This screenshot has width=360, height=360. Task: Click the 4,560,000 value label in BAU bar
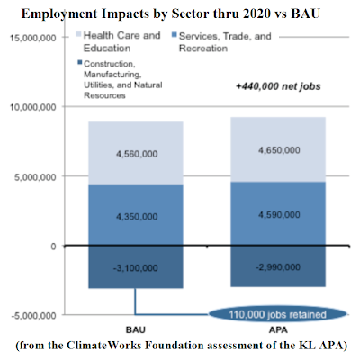pyautogui.click(x=137, y=154)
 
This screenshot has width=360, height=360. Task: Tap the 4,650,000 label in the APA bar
pyautogui.click(x=279, y=150)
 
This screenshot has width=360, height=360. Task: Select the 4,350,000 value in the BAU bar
pyautogui.click(x=137, y=216)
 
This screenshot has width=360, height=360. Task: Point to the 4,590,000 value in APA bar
pyautogui.click(x=279, y=215)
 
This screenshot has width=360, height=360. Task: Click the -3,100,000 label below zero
pyautogui.click(x=136, y=268)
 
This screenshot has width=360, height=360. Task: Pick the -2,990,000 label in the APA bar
pyautogui.click(x=278, y=267)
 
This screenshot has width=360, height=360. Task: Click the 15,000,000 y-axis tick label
pyautogui.click(x=32, y=38)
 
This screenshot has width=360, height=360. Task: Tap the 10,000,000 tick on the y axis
pyautogui.click(x=32, y=107)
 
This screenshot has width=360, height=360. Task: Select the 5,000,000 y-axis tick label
pyautogui.click(x=35, y=177)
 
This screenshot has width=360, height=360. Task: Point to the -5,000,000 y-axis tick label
pyautogui.click(x=33, y=316)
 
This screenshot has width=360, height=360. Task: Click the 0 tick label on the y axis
pyautogui.click(x=53, y=247)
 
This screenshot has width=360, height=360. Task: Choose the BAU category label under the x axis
pyautogui.click(x=136, y=329)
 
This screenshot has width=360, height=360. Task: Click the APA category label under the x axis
pyautogui.click(x=278, y=329)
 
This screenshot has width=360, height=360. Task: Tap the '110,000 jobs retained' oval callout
pyautogui.click(x=277, y=314)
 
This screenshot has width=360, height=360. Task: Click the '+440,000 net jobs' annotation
pyautogui.click(x=278, y=86)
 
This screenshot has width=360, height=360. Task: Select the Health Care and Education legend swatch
pyautogui.click(x=78, y=34)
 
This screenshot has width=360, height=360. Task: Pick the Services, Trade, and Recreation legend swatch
pyautogui.click(x=174, y=35)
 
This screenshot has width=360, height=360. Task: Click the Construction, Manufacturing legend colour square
pyautogui.click(x=79, y=62)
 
